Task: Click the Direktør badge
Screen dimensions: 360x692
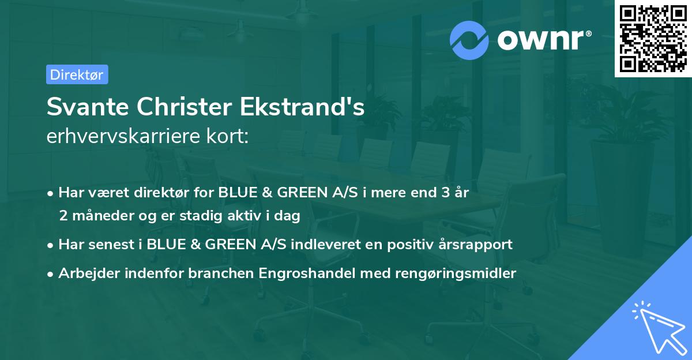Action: pyautogui.click(x=77, y=74)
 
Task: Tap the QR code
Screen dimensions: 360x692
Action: pyautogui.click(x=653, y=38)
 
